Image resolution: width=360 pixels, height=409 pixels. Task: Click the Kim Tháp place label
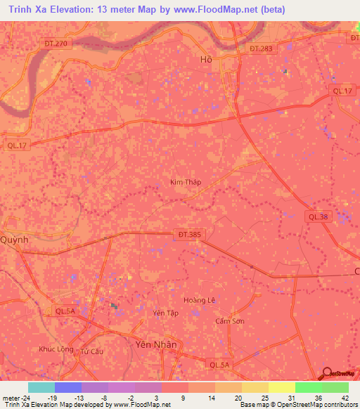click(x=186, y=182)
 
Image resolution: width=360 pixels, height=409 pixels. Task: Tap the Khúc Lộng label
click(x=56, y=349)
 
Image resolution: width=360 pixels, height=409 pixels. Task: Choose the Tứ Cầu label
click(x=92, y=351)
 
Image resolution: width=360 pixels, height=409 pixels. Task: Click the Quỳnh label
click(x=14, y=239)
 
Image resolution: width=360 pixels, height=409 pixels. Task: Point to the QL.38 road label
click(x=317, y=217)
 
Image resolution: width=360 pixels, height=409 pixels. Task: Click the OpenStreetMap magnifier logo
click(x=327, y=372)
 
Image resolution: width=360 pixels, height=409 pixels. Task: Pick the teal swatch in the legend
click(x=41, y=387)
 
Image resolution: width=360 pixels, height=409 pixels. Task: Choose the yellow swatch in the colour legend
click(x=281, y=387)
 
